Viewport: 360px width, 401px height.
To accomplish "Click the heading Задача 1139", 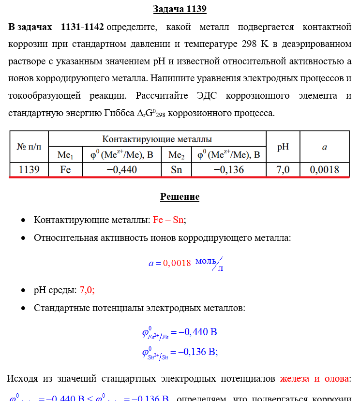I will coord(180,9).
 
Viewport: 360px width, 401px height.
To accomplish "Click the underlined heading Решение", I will coord(180,197).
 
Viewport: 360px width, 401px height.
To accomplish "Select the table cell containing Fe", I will coord(65,170).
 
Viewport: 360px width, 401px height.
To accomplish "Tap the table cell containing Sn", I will coord(176,170).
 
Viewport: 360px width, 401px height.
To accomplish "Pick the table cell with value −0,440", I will coord(121,170).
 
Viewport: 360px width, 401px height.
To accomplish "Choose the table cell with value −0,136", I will coord(228,170).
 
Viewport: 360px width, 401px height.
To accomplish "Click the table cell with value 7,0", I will coord(283,170).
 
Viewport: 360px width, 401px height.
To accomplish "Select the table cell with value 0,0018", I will coord(324,170).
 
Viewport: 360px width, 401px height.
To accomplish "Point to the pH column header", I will coord(283,147).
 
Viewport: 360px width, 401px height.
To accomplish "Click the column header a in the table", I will coord(324,147).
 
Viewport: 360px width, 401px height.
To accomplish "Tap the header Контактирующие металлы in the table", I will coord(157,139).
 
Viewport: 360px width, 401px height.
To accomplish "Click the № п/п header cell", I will coord(29,147).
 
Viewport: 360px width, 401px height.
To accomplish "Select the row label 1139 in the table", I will coord(29,170).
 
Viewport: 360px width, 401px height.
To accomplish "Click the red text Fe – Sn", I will coord(168,220).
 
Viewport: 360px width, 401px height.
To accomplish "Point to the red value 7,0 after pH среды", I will coord(86,290).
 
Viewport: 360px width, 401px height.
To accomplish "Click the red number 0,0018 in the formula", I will coord(177,264).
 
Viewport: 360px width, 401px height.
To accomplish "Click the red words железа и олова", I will coord(314,379).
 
